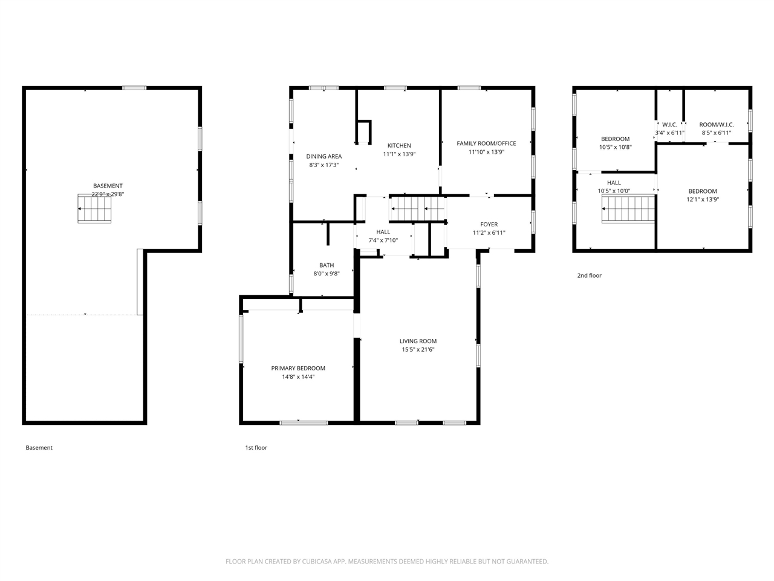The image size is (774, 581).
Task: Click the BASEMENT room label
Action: [108, 186]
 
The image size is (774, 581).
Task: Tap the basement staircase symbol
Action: [94, 208]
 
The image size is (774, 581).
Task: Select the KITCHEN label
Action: [399, 145]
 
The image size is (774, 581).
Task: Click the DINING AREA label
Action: [324, 156]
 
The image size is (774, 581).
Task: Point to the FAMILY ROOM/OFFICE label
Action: [486, 143]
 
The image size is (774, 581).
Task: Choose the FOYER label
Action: [489, 225]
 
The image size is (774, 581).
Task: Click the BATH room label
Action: [327, 265]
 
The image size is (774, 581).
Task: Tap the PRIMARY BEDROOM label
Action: [298, 369]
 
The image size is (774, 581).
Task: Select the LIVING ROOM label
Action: [418, 341]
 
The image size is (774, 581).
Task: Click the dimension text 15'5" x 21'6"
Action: [418, 350]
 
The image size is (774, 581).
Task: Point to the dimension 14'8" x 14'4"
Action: [298, 377]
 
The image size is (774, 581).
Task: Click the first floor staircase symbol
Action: [417, 209]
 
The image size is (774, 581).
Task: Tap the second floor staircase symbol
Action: [628, 209]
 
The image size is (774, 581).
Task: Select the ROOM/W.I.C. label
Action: [717, 125]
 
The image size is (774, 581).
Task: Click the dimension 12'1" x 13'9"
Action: [703, 199]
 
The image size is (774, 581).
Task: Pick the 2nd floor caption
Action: [589, 275]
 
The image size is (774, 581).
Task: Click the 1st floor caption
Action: [256, 448]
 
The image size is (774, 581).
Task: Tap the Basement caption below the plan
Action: [39, 448]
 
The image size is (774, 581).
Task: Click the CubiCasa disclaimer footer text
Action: [387, 561]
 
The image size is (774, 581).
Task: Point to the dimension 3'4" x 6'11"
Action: [669, 133]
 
